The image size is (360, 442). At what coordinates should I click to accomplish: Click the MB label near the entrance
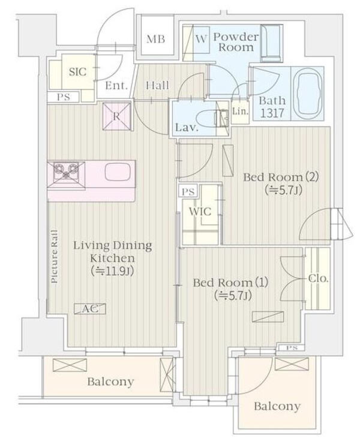click(155, 38)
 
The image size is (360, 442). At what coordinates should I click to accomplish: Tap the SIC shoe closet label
click(77, 71)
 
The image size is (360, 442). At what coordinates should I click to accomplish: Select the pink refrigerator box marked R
click(117, 116)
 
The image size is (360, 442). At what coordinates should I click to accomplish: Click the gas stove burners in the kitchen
click(66, 172)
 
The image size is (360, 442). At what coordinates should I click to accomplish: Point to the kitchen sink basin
click(118, 172)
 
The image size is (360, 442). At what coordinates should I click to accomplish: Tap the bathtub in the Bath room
click(307, 94)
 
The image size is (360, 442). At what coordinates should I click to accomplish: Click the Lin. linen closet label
click(240, 112)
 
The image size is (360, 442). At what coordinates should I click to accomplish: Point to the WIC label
click(200, 211)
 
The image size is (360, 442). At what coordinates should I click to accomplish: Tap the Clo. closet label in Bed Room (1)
click(318, 278)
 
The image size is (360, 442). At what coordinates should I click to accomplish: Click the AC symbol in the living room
click(90, 309)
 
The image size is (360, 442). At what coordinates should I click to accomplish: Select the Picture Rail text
click(55, 257)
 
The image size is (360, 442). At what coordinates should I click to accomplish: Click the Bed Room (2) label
click(281, 178)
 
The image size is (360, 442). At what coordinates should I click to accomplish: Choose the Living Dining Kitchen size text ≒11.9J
click(112, 271)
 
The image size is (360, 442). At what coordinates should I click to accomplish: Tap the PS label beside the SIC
click(64, 97)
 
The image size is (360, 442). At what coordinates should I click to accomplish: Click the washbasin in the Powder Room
click(271, 43)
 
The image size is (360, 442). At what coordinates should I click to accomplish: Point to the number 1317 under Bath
click(272, 113)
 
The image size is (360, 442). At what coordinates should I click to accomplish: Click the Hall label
click(158, 85)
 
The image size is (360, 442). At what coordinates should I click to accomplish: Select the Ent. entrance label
click(116, 85)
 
